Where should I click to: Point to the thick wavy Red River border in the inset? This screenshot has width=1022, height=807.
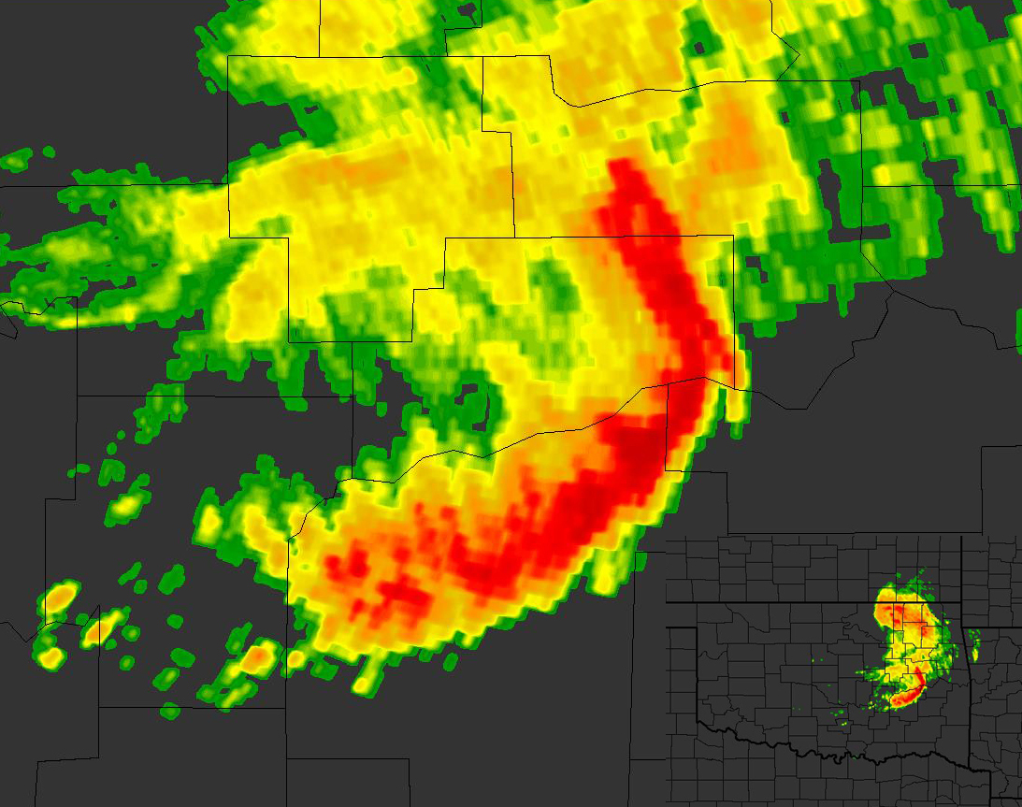pyautogui.click(x=842, y=753)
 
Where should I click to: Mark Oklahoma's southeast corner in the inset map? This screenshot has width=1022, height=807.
pyautogui.click(x=989, y=771)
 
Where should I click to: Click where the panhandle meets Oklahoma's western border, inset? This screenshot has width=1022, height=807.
pyautogui.click(x=698, y=628)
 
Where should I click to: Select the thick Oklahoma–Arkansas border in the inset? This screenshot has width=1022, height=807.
pyautogui.click(x=966, y=673)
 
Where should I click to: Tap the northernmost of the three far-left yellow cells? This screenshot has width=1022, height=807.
pyautogui.click(x=60, y=596)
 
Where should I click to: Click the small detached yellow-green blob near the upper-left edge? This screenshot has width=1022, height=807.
pyautogui.click(x=16, y=161)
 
